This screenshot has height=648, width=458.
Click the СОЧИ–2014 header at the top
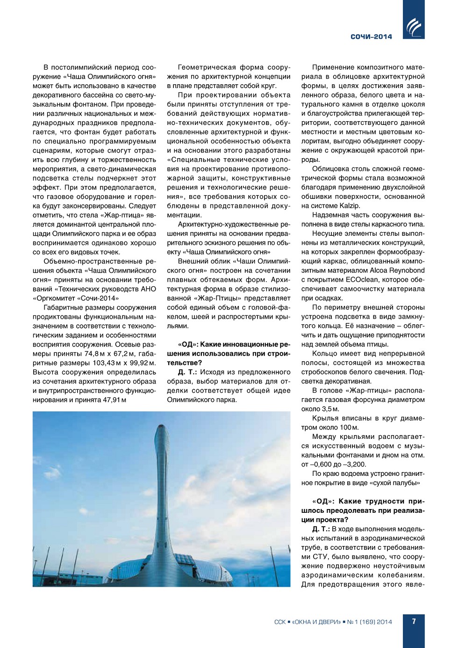[x=371, y=36]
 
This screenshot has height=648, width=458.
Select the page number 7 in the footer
[x=414, y=621]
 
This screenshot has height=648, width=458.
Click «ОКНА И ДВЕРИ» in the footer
[x=316, y=622]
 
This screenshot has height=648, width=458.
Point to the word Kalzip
[x=351, y=206]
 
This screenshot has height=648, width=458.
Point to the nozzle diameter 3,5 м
[x=329, y=409]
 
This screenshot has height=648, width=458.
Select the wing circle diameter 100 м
[x=349, y=428]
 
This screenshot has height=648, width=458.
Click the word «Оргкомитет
[x=55, y=299]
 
